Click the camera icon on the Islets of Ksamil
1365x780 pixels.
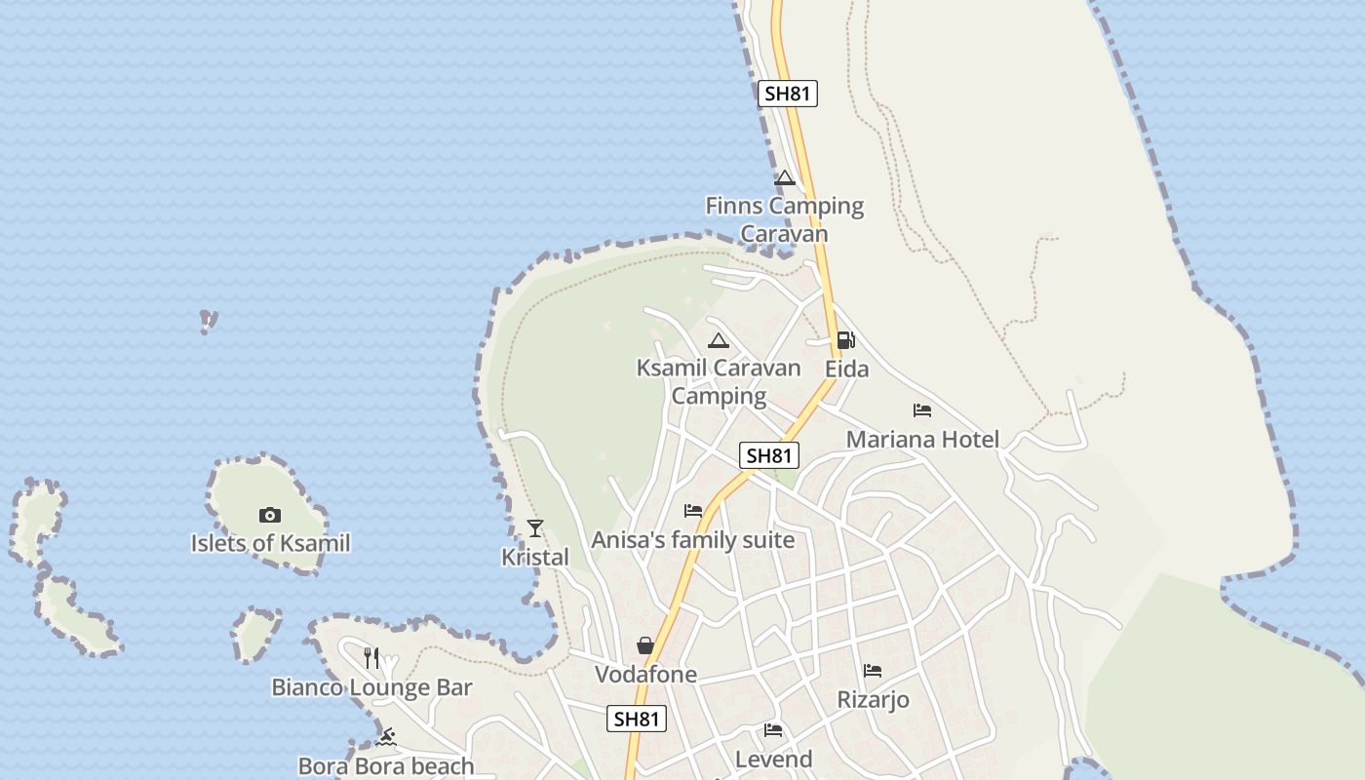pyautogui.click(x=270, y=515)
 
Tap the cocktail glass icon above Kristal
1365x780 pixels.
pyautogui.click(x=534, y=528)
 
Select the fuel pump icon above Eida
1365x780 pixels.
pyautogui.click(x=845, y=340)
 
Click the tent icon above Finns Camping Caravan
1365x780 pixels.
pyautogui.click(x=785, y=177)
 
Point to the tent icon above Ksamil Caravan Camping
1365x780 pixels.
pyautogui.click(x=719, y=340)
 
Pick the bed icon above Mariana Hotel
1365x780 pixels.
pyautogui.click(x=922, y=410)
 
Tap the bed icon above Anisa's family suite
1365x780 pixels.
pyautogui.click(x=693, y=511)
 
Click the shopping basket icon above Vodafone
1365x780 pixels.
pyautogui.click(x=645, y=645)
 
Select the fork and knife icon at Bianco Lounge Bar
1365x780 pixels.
pyautogui.click(x=371, y=658)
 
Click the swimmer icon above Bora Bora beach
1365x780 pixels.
pyautogui.click(x=386, y=737)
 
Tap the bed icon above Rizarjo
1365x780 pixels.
pyautogui.click(x=873, y=671)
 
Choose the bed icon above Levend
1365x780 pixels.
pyautogui.click(x=773, y=730)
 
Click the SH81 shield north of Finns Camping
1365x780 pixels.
pyautogui.click(x=788, y=94)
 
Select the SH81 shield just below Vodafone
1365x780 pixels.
pyautogui.click(x=637, y=719)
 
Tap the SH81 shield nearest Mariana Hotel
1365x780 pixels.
pyautogui.click(x=769, y=455)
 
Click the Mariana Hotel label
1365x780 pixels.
pyautogui.click(x=922, y=439)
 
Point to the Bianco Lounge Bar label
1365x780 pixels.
pyautogui.click(x=371, y=687)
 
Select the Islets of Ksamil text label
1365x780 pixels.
pyautogui.click(x=270, y=543)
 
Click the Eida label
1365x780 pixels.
pyautogui.click(x=846, y=369)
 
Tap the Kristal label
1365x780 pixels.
pyautogui.click(x=534, y=557)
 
